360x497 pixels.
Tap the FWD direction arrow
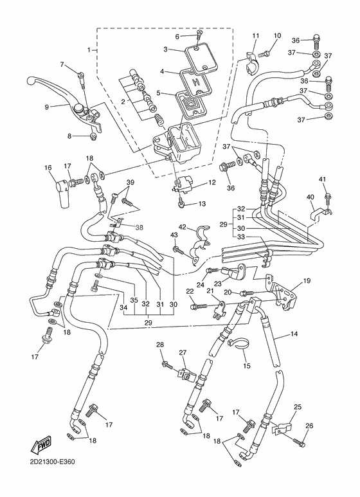[x=40, y=444]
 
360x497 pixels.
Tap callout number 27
[x=183, y=353]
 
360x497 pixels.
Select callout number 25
[x=297, y=407]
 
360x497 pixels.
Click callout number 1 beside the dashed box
[x=90, y=50]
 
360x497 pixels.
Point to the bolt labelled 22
[x=196, y=307]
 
